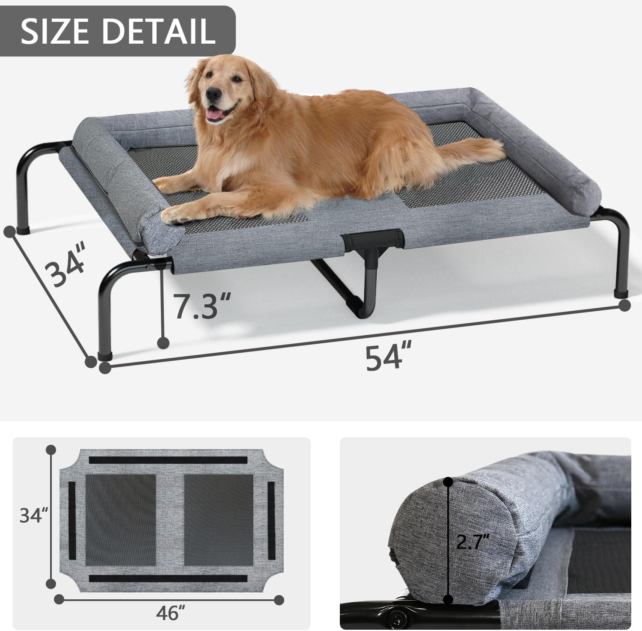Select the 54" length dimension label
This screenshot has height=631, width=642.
tap(384, 358)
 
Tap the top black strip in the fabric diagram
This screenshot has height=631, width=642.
tap(168, 460)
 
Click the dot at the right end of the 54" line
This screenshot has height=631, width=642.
tap(624, 305)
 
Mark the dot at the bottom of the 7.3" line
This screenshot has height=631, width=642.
tap(163, 342)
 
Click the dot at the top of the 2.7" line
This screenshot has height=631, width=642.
tap(448, 482)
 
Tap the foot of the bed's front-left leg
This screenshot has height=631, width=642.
tap(105, 355)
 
